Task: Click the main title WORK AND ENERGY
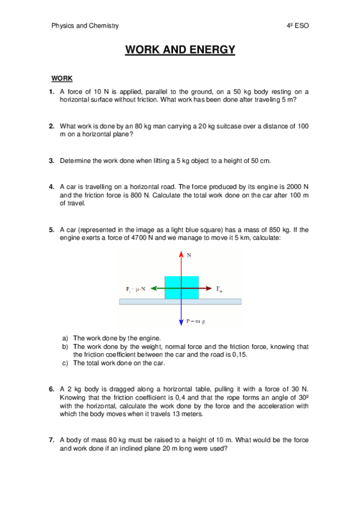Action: pyautogui.click(x=180, y=50)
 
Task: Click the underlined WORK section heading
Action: pyautogui.click(x=62, y=79)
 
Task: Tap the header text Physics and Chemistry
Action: pyautogui.click(x=85, y=26)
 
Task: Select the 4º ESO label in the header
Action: pyautogui.click(x=298, y=26)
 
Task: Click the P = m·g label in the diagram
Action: pyautogui.click(x=196, y=321)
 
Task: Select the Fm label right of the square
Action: pyautogui.click(x=219, y=289)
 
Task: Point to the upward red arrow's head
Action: pyautogui.click(x=181, y=254)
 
